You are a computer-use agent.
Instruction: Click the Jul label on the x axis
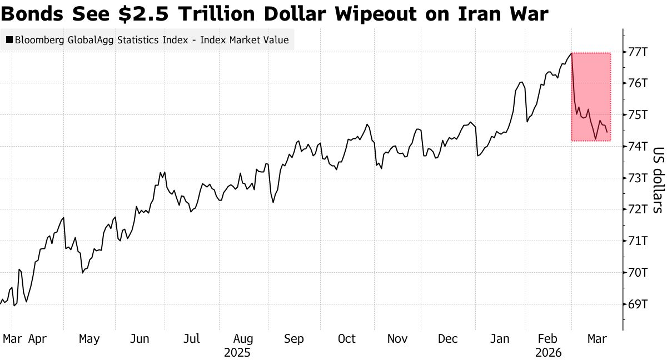192,338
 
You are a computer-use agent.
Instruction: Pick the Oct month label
347,338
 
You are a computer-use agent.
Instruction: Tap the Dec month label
448,338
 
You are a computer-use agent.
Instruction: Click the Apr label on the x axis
37,338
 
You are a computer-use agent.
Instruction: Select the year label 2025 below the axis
237,353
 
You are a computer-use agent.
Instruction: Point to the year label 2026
549,353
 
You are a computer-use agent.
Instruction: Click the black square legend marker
9,40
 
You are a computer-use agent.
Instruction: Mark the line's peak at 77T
571,53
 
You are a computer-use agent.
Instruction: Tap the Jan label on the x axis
500,338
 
